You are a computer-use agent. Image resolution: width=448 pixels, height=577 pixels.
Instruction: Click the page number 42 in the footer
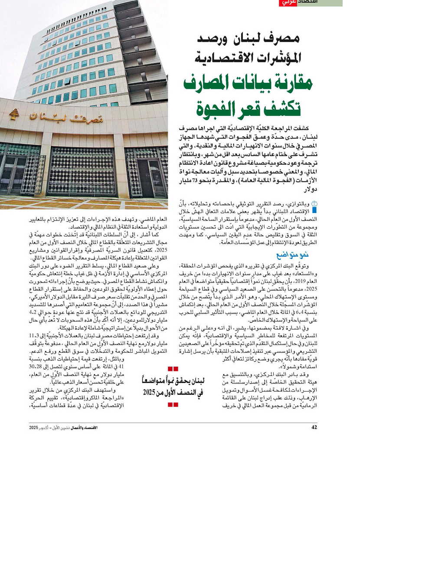tap(314, 427)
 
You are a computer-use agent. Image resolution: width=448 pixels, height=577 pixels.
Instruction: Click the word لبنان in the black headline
tap(247, 39)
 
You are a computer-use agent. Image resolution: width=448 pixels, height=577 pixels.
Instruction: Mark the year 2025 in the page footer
tap(34, 428)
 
